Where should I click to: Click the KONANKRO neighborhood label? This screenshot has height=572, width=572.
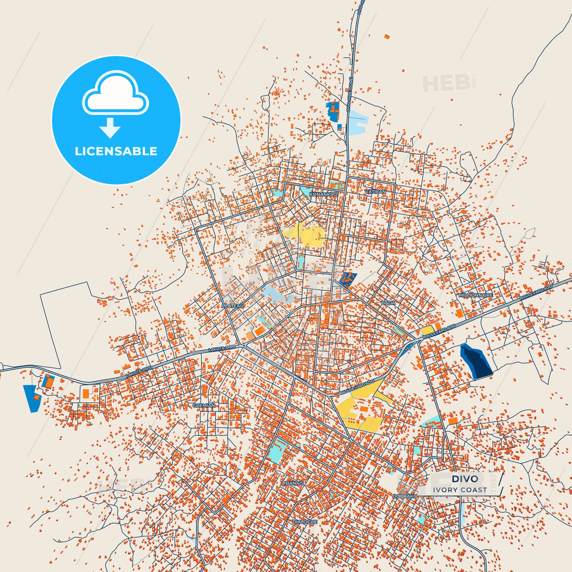click(x=323, y=194)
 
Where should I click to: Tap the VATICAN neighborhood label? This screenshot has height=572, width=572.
click(x=375, y=192)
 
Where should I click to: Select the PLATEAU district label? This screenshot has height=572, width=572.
click(x=233, y=306)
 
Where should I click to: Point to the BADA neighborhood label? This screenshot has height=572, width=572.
click(x=388, y=303)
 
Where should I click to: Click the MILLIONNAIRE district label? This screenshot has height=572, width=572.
click(x=476, y=295)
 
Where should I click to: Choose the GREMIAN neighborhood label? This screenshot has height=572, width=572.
click(x=204, y=405)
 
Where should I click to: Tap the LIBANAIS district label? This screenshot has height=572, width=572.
click(x=293, y=483)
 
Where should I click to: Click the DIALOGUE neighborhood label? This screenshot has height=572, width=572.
click(x=305, y=522)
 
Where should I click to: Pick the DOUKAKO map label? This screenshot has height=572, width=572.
click(x=405, y=496)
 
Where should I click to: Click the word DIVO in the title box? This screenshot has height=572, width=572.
click(x=465, y=479)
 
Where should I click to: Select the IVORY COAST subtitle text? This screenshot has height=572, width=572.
click(x=460, y=490)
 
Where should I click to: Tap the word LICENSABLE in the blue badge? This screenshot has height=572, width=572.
click(x=116, y=151)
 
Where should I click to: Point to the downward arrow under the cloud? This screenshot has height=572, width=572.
click(x=110, y=127)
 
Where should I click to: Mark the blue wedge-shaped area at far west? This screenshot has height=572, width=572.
click(x=31, y=397)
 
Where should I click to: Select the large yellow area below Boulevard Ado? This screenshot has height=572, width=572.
click(x=358, y=408)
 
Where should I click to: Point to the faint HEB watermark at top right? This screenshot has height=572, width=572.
click(x=447, y=83)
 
